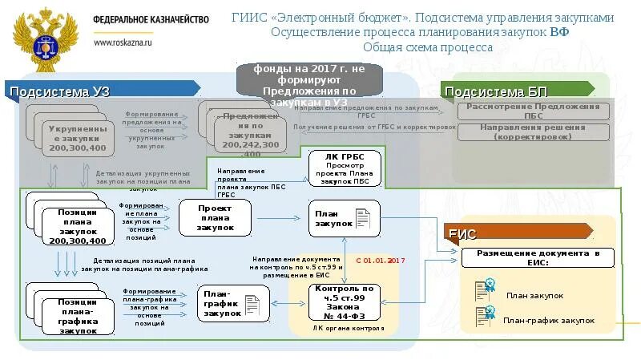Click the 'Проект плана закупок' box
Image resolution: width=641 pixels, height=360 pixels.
click(215, 217)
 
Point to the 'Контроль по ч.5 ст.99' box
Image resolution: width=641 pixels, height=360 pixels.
click(345, 302)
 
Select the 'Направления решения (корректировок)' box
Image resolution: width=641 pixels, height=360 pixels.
click(533, 131)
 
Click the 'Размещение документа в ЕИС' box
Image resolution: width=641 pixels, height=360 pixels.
click(538, 257)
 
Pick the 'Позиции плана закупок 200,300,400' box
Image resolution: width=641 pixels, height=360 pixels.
click(77, 226)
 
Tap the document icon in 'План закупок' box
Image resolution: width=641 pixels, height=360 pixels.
click(362, 217)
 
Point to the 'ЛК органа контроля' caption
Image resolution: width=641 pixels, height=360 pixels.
click(345, 328)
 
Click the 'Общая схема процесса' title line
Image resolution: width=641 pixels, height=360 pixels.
click(427, 47)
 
